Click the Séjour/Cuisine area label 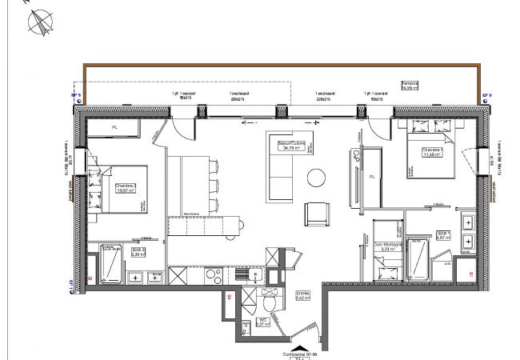[290, 145]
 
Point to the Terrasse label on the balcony [433, 85]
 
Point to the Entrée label [302, 295]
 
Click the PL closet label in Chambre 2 [114, 126]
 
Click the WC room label [262, 322]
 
